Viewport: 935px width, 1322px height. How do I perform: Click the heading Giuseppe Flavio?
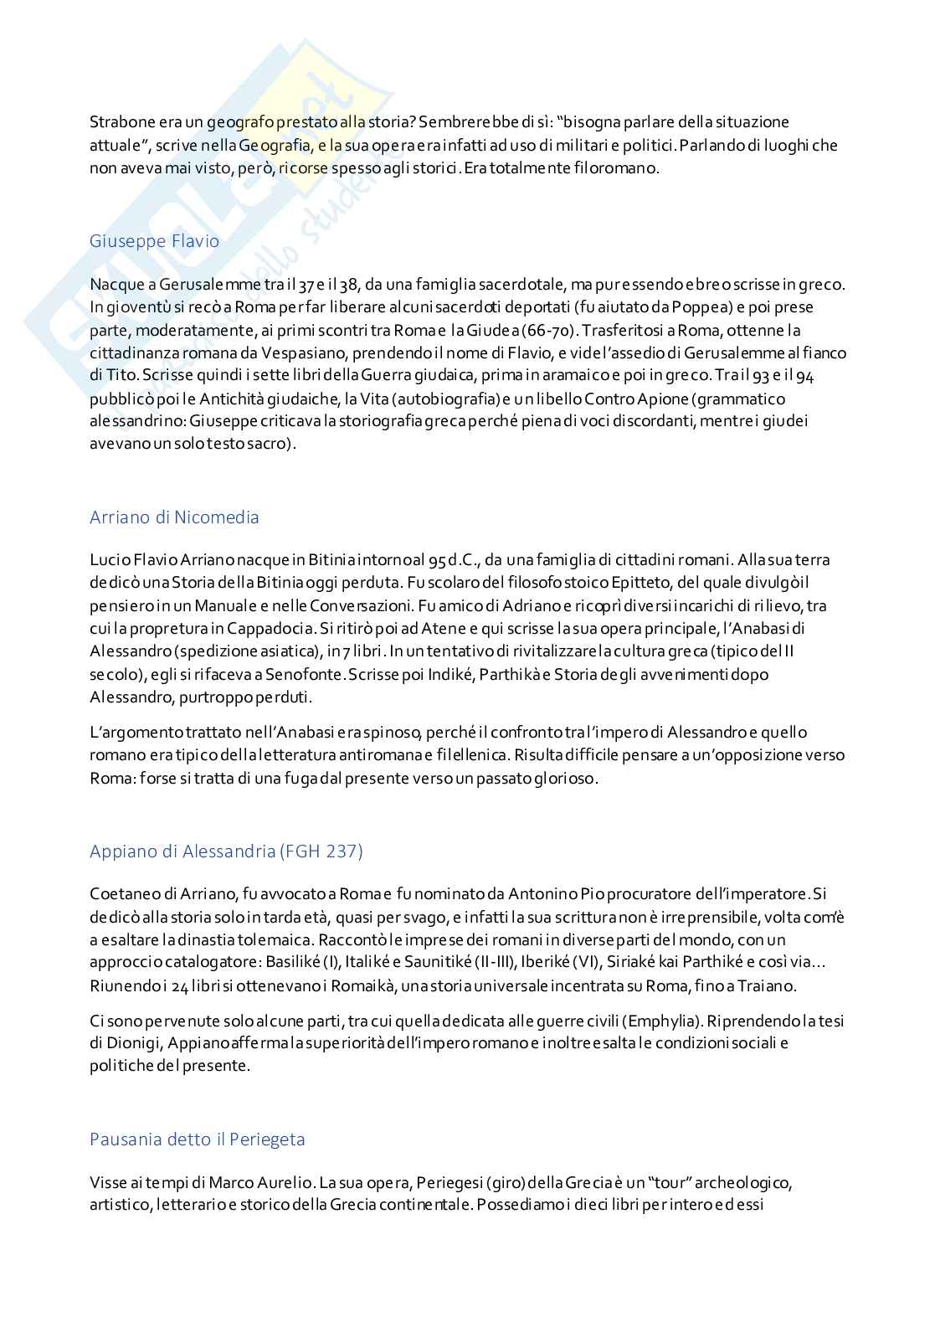(x=154, y=241)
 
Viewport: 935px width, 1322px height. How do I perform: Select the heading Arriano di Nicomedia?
(x=174, y=517)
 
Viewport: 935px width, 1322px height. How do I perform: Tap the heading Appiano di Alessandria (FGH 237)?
(x=226, y=851)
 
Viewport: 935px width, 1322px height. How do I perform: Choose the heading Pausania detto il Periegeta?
(x=197, y=1139)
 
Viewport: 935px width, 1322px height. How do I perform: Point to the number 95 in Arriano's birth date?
(x=437, y=559)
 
